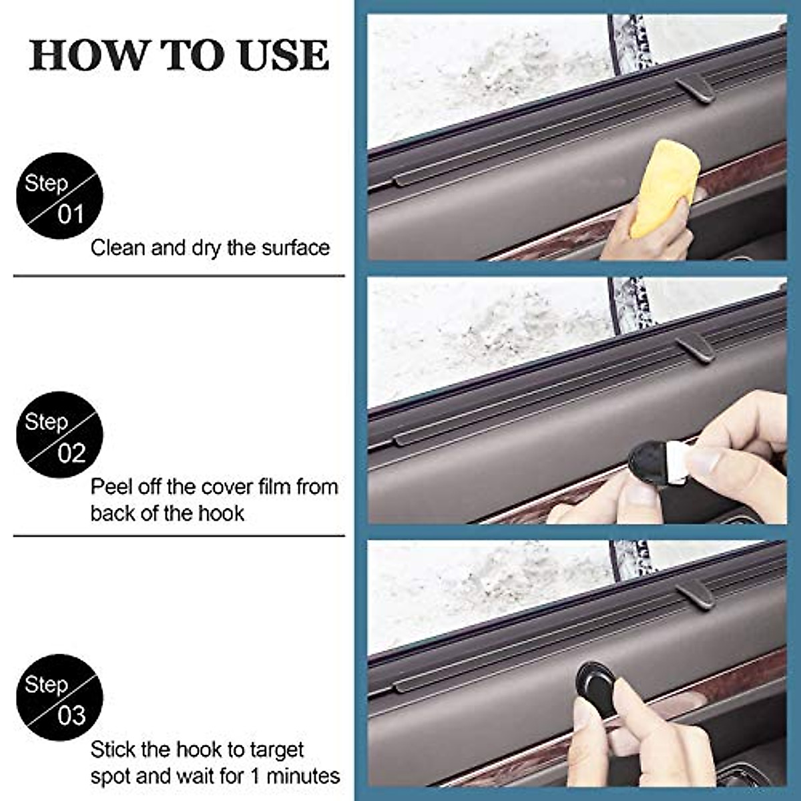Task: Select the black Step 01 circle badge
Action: pos(59,196)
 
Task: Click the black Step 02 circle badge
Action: pos(59,435)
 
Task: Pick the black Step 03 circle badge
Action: pos(59,698)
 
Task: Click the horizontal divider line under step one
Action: pos(179,275)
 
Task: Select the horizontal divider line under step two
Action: pos(179,535)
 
